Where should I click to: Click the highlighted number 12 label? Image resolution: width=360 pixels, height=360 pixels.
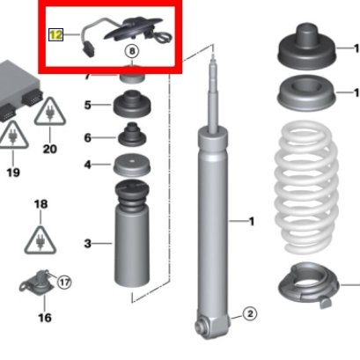[x=56, y=35]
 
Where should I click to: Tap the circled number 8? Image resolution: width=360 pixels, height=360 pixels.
[x=132, y=51]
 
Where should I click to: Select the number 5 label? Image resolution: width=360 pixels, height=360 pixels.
[x=88, y=105]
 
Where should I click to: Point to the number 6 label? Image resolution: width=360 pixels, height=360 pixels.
[x=88, y=137]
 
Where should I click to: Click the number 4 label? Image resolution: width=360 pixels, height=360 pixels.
[x=88, y=165]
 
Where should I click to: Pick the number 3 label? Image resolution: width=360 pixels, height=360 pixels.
[x=88, y=243]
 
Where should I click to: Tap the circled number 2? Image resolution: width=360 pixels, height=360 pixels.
[x=250, y=314]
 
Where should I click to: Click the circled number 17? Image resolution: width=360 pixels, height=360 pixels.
[x=64, y=283]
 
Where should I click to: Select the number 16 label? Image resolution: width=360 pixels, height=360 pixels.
[x=45, y=318]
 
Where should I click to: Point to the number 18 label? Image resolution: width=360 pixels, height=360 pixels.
[x=40, y=204]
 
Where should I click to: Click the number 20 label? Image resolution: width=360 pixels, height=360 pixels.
[x=50, y=149]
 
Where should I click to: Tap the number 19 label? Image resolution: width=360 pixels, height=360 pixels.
[x=13, y=173]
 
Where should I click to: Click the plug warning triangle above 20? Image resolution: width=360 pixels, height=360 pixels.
[x=50, y=113]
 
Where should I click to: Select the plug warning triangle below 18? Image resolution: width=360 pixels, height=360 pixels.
[x=40, y=241]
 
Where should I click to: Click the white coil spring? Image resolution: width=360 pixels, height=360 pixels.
[x=305, y=187]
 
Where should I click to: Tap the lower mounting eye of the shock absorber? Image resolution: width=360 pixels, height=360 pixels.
[x=202, y=326]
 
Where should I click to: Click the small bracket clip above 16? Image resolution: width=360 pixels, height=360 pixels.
[x=37, y=283]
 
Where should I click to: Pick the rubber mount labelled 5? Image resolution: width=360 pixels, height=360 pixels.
[x=132, y=104]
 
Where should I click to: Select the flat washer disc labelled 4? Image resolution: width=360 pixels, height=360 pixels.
[x=132, y=165]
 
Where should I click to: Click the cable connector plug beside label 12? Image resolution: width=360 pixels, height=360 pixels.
[x=88, y=49]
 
